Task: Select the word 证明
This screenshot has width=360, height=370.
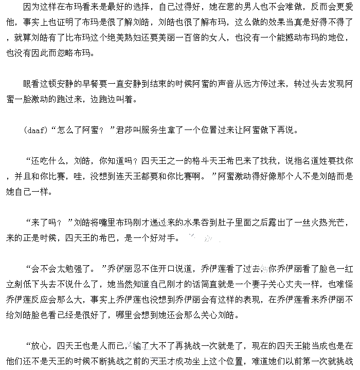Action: (x=70, y=23)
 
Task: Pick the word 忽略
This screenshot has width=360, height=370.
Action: (x=70, y=53)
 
